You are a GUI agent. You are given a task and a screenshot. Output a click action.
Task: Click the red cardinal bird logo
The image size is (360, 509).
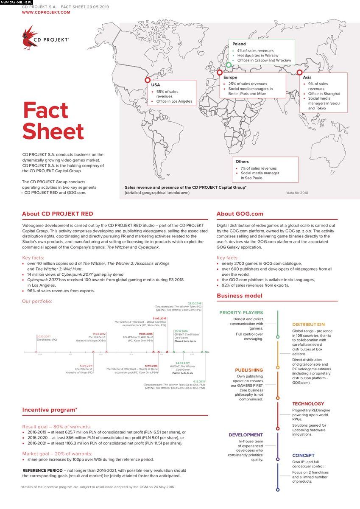click(x=30, y=38)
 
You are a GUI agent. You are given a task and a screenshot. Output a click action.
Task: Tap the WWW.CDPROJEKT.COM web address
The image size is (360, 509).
click(x=46, y=13)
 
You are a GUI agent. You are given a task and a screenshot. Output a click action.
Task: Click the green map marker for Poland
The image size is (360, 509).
click(x=229, y=65)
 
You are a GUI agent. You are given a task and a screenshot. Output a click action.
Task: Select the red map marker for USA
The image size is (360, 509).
click(x=148, y=80)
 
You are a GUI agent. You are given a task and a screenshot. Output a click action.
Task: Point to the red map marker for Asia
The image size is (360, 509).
click(x=299, y=72)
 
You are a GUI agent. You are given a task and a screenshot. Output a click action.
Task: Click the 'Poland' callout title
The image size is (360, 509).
click(x=239, y=44)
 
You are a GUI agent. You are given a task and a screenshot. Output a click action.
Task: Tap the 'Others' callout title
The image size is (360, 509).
click(x=242, y=162)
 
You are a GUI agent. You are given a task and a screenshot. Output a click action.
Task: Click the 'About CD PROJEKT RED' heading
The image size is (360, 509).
click(x=58, y=214)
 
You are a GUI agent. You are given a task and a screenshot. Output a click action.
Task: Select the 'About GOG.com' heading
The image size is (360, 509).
click(x=240, y=214)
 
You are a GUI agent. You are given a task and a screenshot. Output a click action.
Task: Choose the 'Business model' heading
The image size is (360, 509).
click(x=239, y=296)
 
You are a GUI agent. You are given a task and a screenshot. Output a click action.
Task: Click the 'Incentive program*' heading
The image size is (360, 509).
click(x=50, y=410)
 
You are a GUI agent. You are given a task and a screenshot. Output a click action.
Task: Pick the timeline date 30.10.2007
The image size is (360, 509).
click(x=44, y=336)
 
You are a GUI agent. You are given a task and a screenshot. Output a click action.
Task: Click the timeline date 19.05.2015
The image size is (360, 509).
click(x=146, y=334)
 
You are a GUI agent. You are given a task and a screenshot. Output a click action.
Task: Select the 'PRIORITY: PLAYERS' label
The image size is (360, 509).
click(x=241, y=313)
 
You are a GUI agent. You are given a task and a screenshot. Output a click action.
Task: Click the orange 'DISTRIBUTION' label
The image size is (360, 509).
click(x=308, y=324)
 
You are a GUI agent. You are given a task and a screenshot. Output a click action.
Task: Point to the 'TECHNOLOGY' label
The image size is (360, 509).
click(x=308, y=404)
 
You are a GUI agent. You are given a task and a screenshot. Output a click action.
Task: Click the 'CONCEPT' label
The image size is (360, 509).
click(x=303, y=456)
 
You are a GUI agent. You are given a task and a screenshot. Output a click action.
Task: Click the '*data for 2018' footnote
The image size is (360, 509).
click(x=297, y=193)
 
